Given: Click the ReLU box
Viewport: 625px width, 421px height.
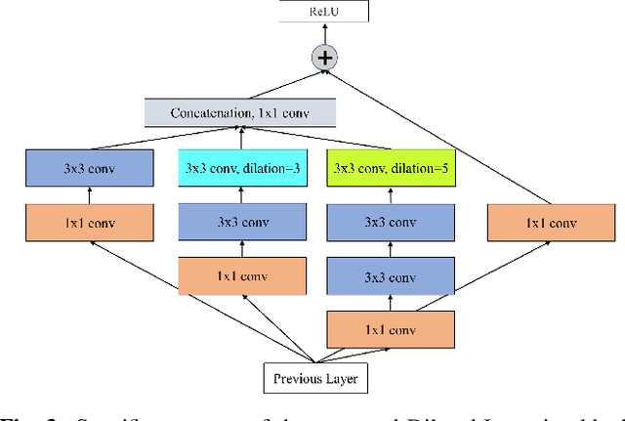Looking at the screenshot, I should (x=324, y=12).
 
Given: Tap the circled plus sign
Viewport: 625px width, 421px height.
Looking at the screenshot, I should (x=324, y=58).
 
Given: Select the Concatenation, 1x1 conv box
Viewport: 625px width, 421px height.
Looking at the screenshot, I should (x=240, y=112).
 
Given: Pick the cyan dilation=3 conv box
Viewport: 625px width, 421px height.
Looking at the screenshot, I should (x=242, y=169).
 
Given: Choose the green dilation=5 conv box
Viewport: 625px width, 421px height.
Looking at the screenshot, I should (x=392, y=169).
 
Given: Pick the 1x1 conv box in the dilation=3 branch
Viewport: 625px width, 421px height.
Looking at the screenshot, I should (x=242, y=274).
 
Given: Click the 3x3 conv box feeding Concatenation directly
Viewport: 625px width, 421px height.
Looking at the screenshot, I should (x=89, y=169).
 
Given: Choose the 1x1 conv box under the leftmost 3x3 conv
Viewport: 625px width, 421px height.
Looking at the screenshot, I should (x=89, y=222).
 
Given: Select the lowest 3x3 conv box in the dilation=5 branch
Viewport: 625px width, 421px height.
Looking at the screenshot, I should (x=392, y=274).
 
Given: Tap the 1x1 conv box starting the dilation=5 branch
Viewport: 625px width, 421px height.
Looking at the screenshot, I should (x=392, y=327).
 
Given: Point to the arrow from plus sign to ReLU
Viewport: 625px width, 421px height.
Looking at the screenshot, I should (x=324, y=34).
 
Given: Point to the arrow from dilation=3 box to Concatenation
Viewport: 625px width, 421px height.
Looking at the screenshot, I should (x=241, y=140).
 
